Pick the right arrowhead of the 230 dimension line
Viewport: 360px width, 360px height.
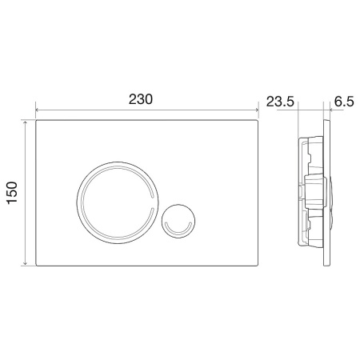(260, 110)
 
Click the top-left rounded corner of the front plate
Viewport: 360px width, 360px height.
(38, 123)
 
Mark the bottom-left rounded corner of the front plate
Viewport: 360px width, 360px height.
(38, 265)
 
